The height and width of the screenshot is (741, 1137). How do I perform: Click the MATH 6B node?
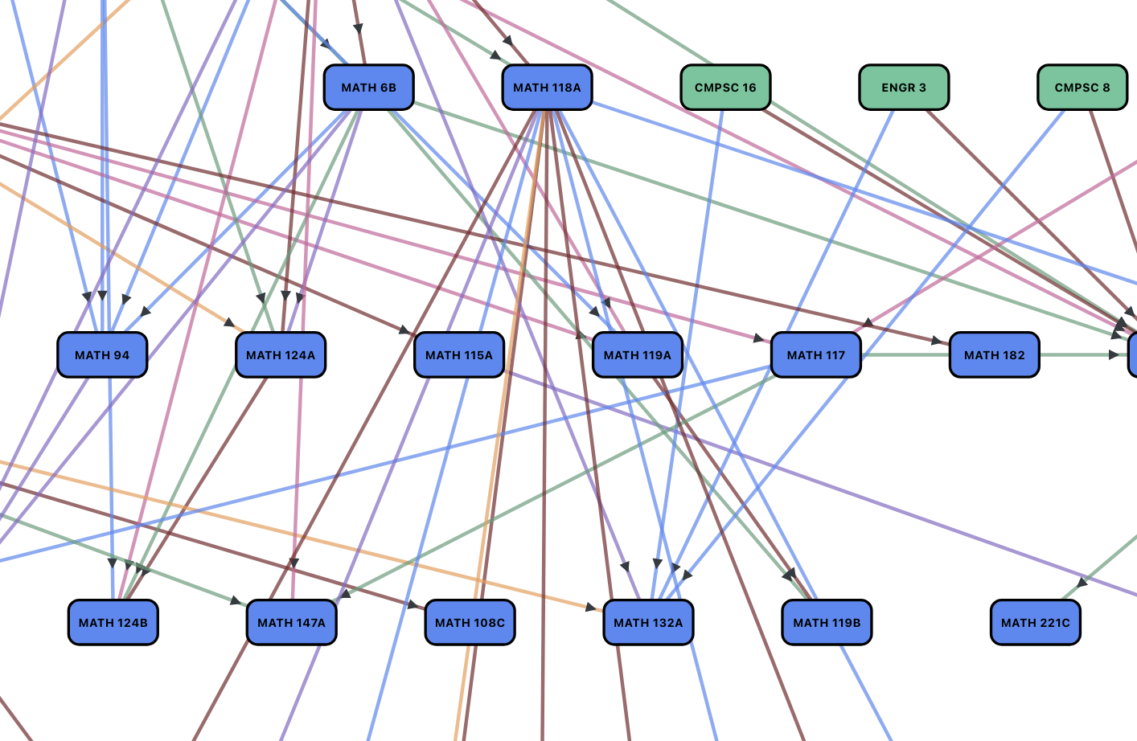point(368,88)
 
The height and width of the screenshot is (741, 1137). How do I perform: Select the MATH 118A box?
point(547,88)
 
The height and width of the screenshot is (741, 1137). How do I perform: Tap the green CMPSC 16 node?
point(725,88)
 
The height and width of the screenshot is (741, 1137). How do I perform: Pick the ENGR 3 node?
point(904,88)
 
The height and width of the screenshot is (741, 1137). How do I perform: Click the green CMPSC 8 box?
point(1082,88)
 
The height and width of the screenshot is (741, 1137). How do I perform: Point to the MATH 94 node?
point(102,355)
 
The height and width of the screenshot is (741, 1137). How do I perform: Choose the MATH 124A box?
point(281,355)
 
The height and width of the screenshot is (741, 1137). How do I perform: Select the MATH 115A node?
point(459,355)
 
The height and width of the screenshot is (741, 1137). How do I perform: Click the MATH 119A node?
point(638,355)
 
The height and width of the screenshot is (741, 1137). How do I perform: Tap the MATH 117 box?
point(816,355)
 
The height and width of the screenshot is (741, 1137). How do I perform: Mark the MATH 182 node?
point(995,355)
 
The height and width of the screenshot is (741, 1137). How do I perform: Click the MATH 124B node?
point(113,623)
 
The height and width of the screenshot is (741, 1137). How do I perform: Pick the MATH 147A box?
point(292,623)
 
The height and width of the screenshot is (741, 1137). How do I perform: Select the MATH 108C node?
point(470,623)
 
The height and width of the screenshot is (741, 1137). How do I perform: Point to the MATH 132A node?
point(649,623)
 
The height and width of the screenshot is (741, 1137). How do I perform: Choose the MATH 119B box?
point(827,623)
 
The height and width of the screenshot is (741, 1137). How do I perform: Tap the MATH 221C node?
point(1036,623)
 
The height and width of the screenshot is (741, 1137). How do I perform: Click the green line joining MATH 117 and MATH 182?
point(905,355)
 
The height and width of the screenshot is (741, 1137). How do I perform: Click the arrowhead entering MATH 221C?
point(1082,583)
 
